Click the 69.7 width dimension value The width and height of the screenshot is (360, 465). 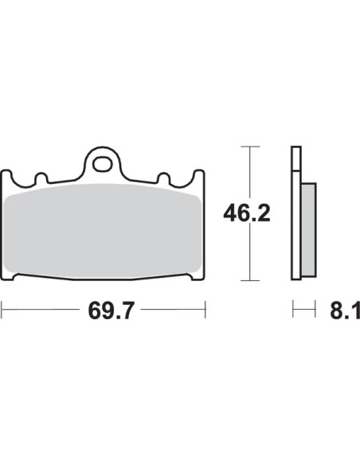[112, 311]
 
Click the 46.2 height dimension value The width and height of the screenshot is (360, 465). [247, 213]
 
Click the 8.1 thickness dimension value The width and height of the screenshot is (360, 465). [345, 311]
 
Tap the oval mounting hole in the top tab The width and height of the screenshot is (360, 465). [102, 164]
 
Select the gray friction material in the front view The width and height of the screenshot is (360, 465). [102, 230]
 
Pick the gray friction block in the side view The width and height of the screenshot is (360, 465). [308, 230]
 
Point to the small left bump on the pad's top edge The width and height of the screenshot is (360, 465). [41, 178]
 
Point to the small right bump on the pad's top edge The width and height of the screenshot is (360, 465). [163, 178]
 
